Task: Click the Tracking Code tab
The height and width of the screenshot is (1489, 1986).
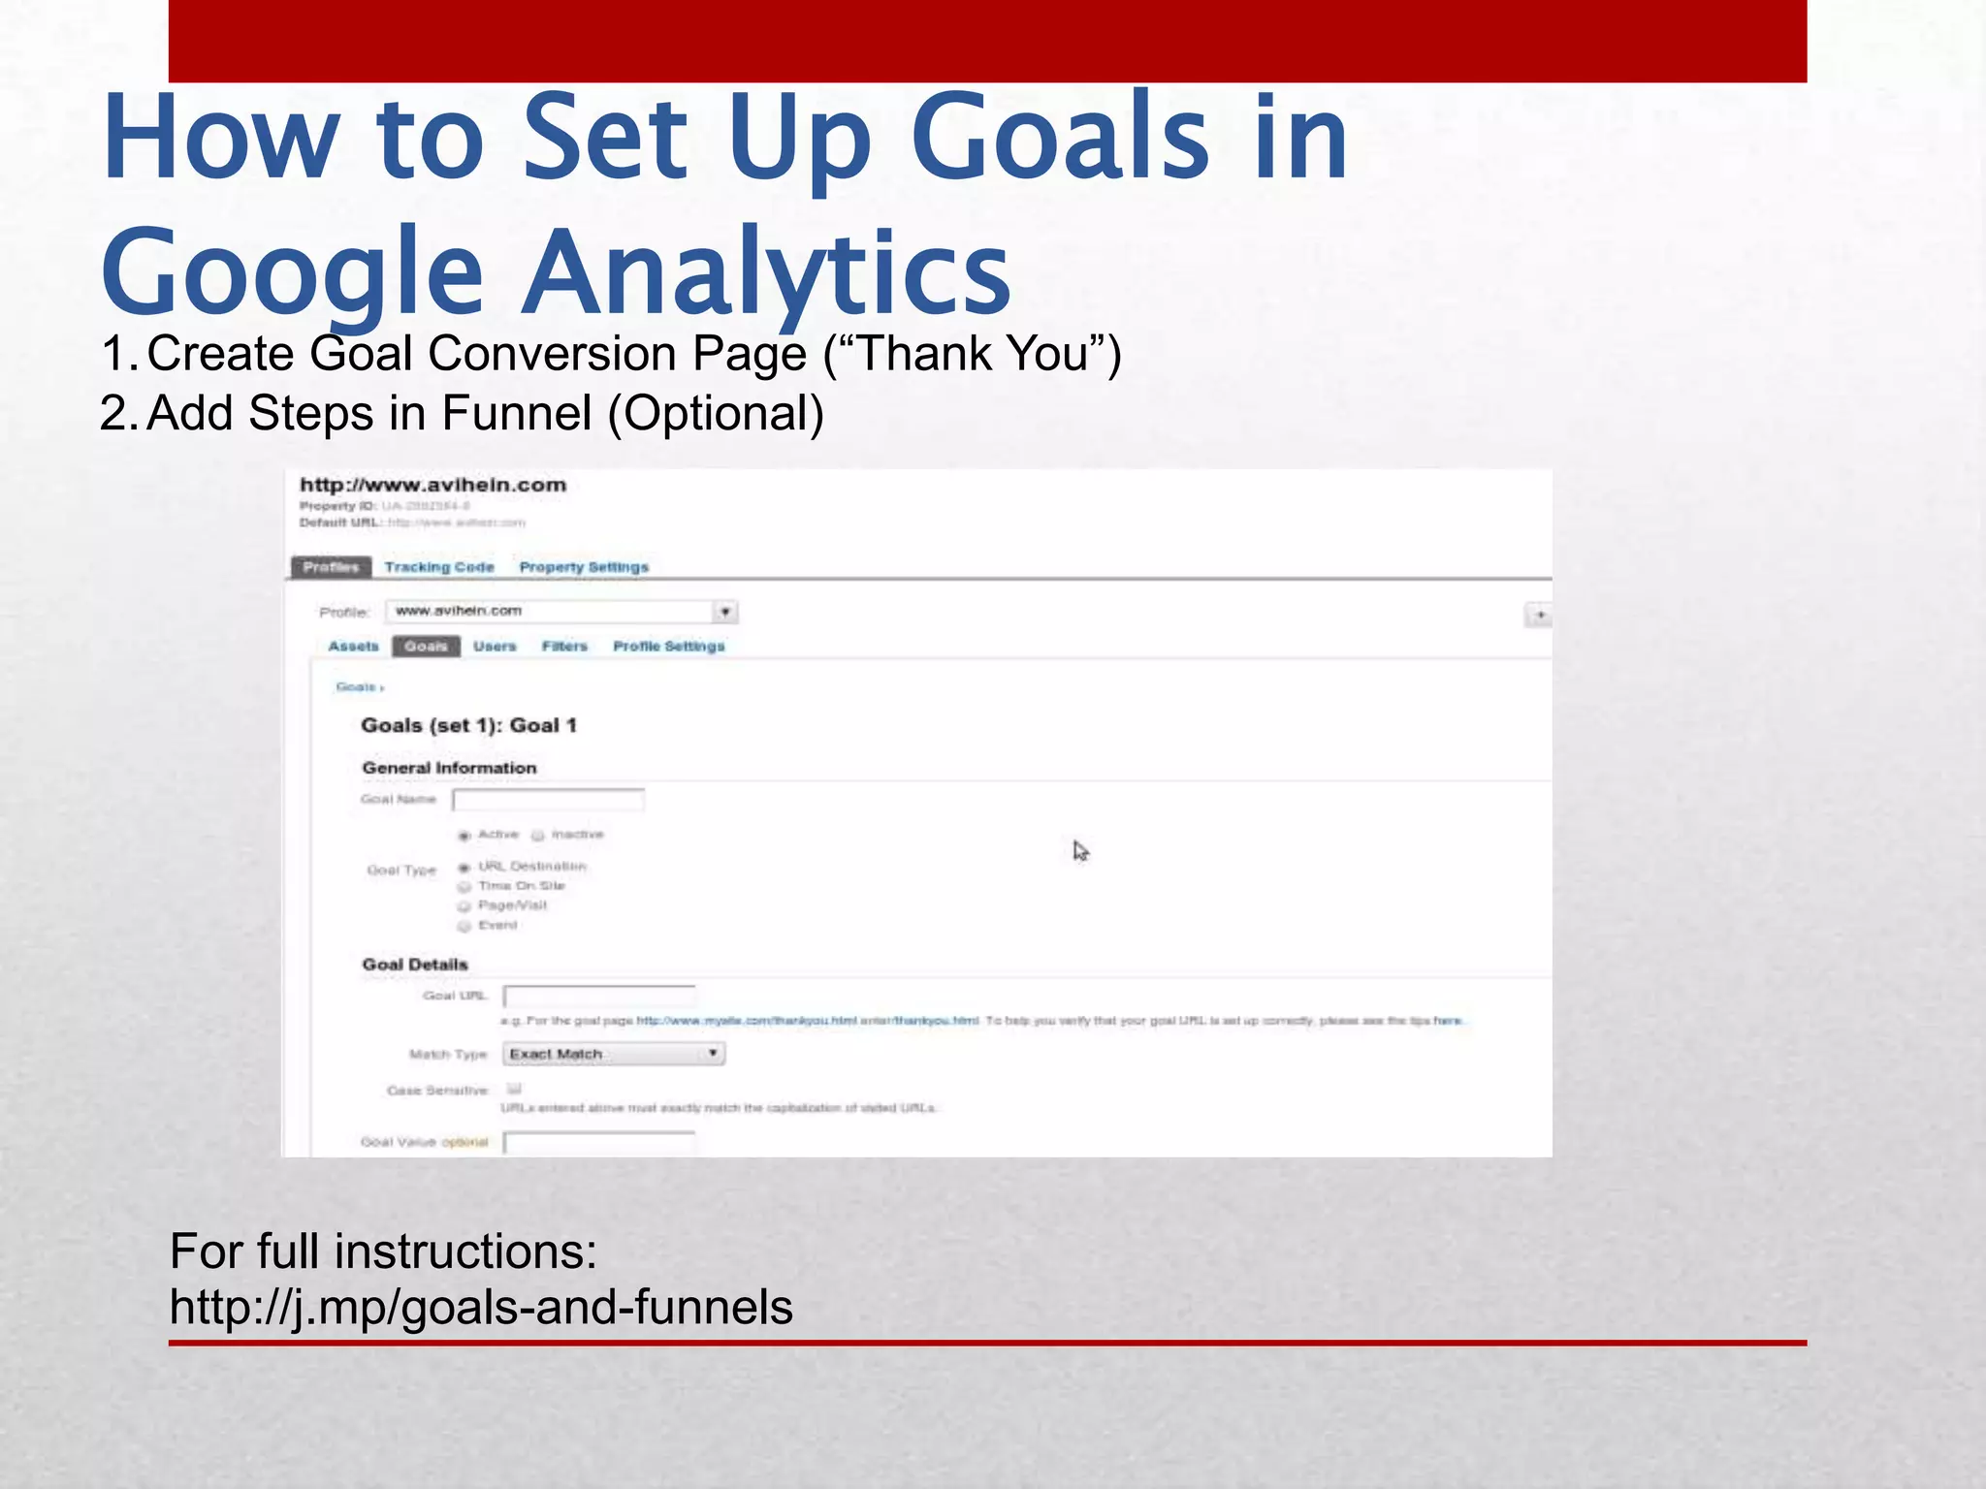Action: click(438, 567)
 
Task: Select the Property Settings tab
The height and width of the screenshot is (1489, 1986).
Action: click(584, 567)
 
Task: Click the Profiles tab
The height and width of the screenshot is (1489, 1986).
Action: click(331, 567)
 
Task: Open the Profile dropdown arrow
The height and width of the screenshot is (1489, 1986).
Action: click(725, 612)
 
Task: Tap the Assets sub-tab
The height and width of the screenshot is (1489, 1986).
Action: click(353, 647)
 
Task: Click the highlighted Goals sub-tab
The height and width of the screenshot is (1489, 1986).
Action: click(426, 647)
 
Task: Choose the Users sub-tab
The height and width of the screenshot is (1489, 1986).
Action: click(495, 647)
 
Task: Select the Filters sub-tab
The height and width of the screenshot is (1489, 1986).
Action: click(564, 647)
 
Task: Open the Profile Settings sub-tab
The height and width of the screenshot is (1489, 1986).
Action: click(668, 647)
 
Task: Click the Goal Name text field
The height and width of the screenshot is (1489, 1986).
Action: click(548, 800)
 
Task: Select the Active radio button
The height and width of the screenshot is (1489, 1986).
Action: click(464, 836)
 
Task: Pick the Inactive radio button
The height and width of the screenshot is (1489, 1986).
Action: click(537, 836)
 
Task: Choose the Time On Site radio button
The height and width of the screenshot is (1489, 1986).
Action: click(464, 887)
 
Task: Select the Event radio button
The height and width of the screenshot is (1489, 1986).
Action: click(464, 926)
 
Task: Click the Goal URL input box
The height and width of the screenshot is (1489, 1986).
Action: click(598, 997)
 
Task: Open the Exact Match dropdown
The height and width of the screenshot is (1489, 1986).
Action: click(613, 1054)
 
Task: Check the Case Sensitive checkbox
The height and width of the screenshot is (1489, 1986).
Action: click(514, 1089)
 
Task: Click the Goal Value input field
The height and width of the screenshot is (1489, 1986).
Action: click(598, 1142)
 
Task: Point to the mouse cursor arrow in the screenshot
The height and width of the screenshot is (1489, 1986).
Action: click(1079, 850)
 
